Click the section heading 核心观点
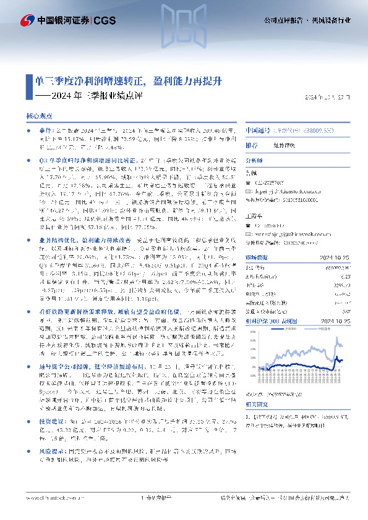pyautogui.click(x=38, y=115)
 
